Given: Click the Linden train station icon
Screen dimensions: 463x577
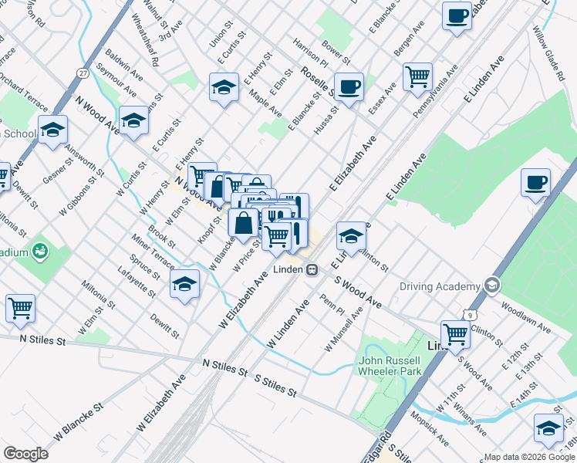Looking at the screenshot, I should pyautogui.click(x=312, y=270).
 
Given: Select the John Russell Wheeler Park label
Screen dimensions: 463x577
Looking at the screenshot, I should pyautogui.click(x=390, y=366).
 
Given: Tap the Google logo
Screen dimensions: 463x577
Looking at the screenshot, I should pyautogui.click(x=25, y=454).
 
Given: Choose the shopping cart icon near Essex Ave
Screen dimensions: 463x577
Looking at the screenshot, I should pyautogui.click(x=417, y=76).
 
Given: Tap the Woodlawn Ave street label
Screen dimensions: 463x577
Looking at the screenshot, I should pyautogui.click(x=525, y=322).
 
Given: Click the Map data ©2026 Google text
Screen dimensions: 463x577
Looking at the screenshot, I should pyautogui.click(x=528, y=457).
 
